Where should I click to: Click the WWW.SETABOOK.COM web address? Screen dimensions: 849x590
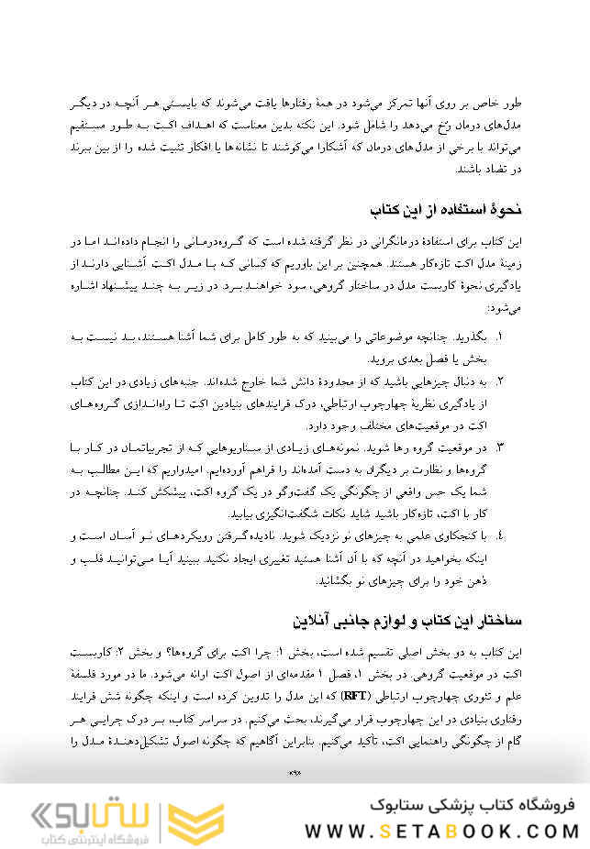tap(442, 831)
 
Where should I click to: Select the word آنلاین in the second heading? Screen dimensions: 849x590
tap(317, 621)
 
